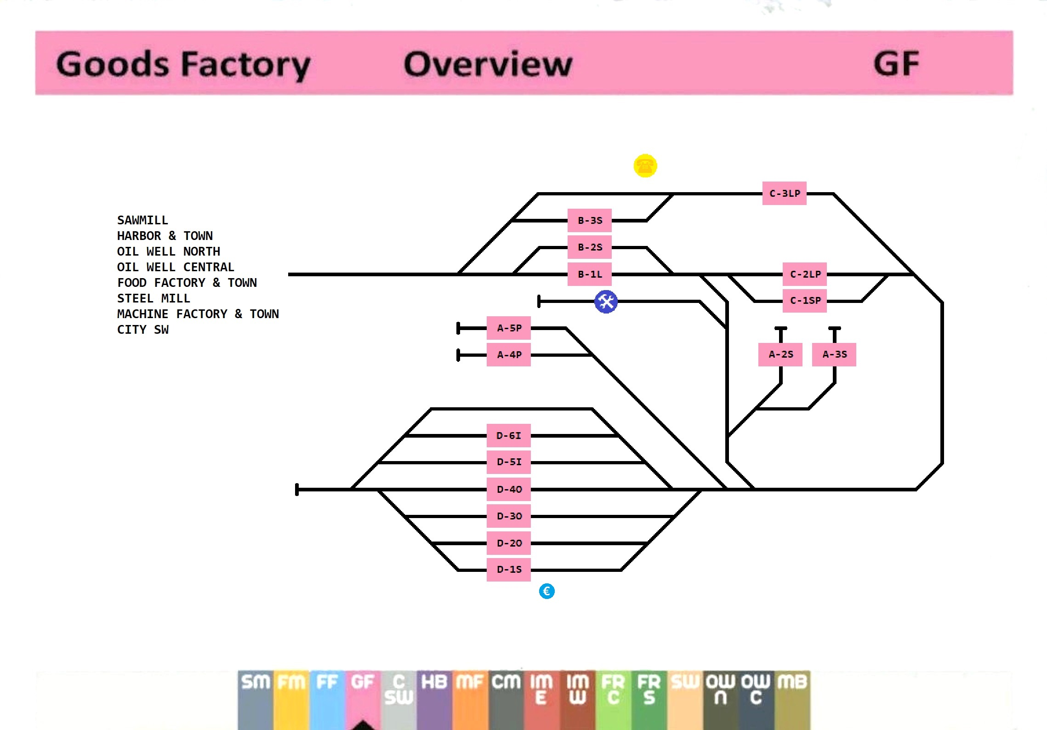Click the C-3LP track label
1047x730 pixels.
pos(784,194)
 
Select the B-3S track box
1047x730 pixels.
pos(589,221)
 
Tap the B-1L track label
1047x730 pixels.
pos(589,274)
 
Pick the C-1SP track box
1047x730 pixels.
pos(804,301)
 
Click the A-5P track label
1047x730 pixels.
pos(509,328)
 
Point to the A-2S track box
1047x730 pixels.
pos(780,354)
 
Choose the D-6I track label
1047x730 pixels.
pos(508,436)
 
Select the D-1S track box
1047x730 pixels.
pos(508,570)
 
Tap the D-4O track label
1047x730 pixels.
pos(508,490)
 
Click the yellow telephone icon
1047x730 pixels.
pos(645,166)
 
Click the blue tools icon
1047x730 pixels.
pos(606,302)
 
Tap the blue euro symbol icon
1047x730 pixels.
pos(546,591)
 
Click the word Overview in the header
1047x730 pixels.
pos(488,64)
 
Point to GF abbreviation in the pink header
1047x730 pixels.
pos(896,64)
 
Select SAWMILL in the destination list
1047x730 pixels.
pos(142,220)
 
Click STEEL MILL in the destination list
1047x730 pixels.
pos(154,298)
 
